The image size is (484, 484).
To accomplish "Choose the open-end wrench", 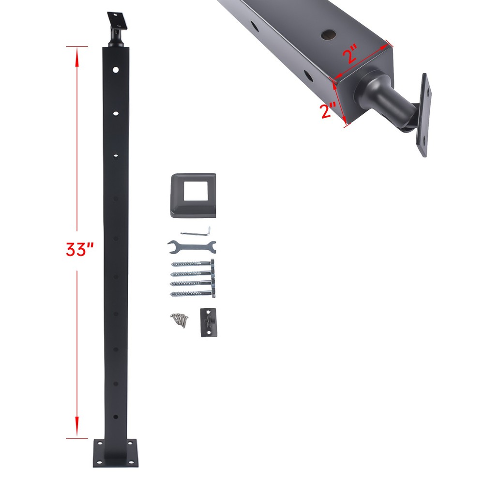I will pyautogui.click(x=191, y=246).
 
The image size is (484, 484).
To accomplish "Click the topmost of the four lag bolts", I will pyautogui.click(x=193, y=264).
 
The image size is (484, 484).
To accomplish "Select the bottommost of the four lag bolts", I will pyautogui.click(x=193, y=293).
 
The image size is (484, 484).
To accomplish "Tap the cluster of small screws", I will pyautogui.click(x=179, y=319).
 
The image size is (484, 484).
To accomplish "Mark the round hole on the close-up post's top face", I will pyautogui.click(x=329, y=34).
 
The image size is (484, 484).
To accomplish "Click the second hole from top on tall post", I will pyautogui.click(x=116, y=113).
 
